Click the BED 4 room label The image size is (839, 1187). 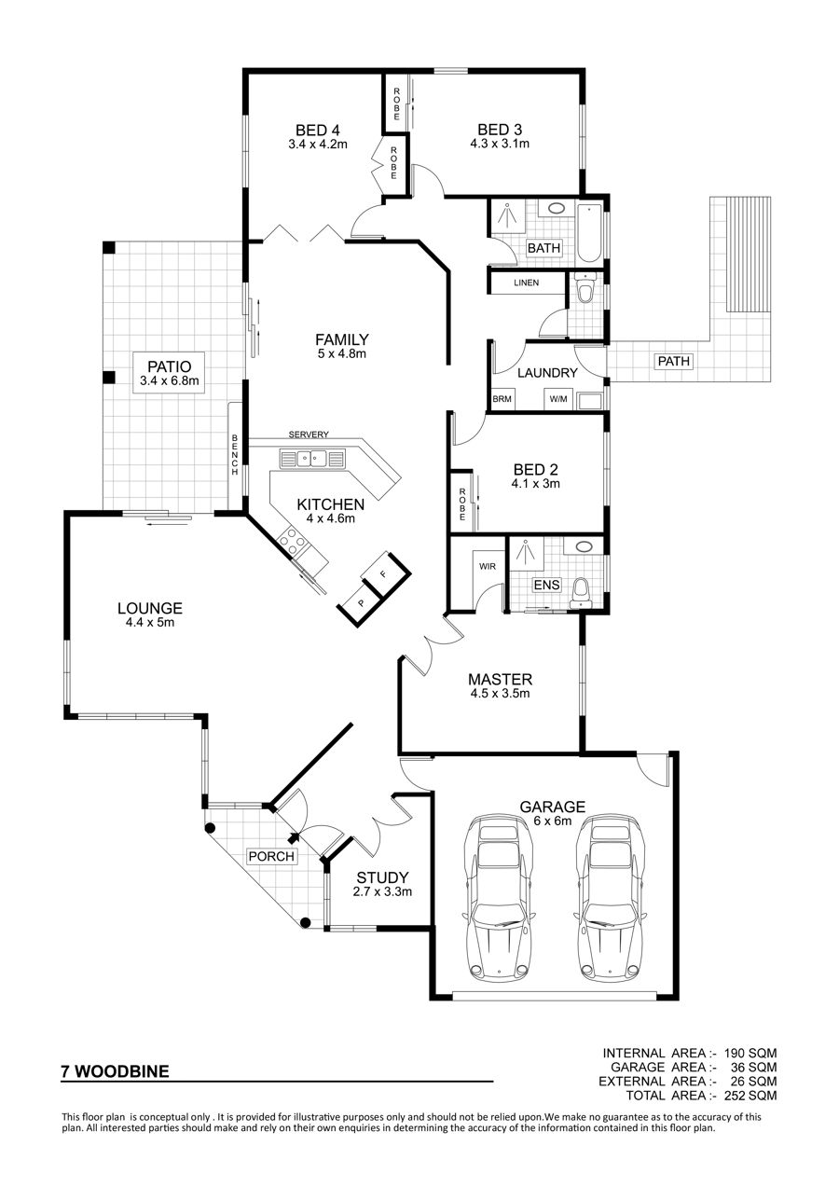tap(318, 130)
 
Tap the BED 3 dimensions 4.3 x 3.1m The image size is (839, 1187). tap(500, 144)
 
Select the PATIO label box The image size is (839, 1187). tap(170, 373)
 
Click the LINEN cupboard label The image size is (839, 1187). tap(526, 283)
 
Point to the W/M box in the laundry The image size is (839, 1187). tap(558, 400)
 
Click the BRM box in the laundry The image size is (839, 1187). tap(502, 400)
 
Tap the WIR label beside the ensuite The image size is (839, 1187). tap(488, 567)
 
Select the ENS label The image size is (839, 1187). tap(546, 585)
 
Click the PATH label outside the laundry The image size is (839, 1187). tap(673, 362)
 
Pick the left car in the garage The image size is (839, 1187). tap(498, 902)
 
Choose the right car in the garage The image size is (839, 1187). tap(610, 902)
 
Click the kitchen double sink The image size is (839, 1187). tap(311, 457)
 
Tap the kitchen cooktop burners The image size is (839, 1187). tap(292, 542)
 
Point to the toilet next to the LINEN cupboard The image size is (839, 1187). tap(585, 289)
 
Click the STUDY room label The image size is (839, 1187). tap(382, 878)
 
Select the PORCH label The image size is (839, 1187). tap(271, 856)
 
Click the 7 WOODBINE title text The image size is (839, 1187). tap(115, 1071)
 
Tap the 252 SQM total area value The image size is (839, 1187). tap(750, 1095)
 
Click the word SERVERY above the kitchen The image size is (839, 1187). tap(309, 435)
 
